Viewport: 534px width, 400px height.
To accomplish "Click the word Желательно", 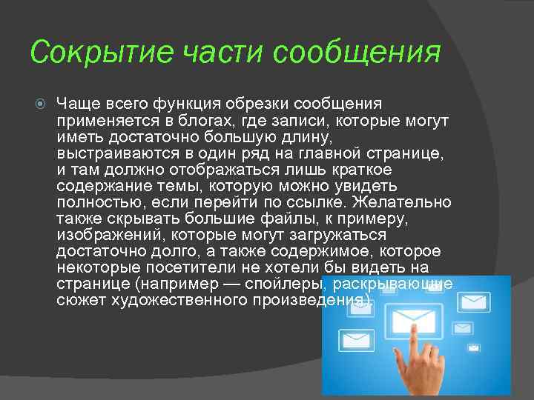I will pos(403,203).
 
